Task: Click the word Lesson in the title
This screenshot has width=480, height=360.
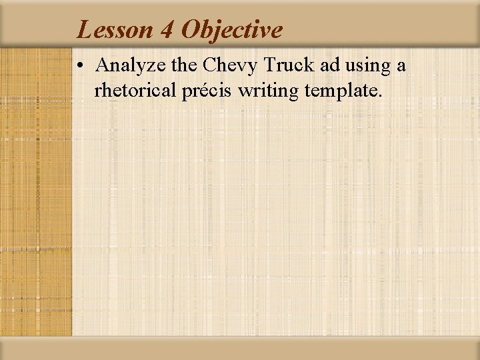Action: click(114, 30)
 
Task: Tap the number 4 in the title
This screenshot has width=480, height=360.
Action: click(167, 30)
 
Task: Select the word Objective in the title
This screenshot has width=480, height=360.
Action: click(232, 30)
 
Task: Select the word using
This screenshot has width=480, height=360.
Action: click(358, 67)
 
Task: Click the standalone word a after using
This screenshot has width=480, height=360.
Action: click(401, 67)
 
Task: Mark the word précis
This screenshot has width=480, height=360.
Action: click(207, 90)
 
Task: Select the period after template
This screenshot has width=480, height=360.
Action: click(381, 96)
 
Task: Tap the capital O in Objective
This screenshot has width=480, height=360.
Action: click(191, 30)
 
